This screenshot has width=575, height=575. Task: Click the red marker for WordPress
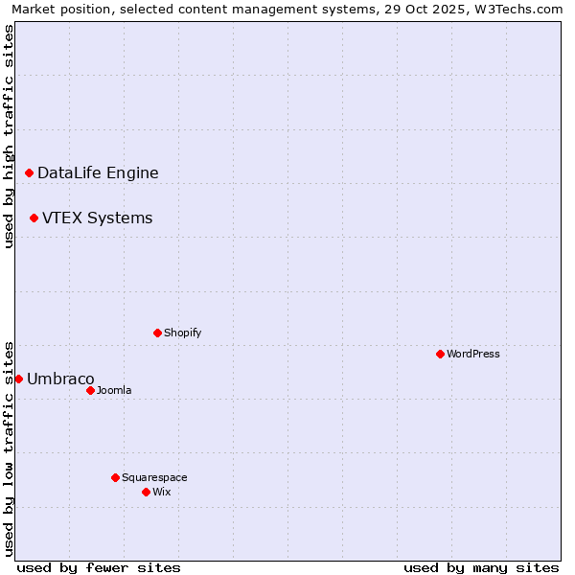pyautogui.click(x=440, y=354)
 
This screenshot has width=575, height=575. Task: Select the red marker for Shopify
pyautogui.click(x=157, y=333)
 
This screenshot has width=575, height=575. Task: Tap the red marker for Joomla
pyautogui.click(x=90, y=390)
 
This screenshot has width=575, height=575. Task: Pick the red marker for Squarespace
pyautogui.click(x=115, y=477)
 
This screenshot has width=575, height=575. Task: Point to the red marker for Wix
pyautogui.click(x=146, y=492)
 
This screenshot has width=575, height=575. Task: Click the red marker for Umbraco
pyautogui.click(x=18, y=379)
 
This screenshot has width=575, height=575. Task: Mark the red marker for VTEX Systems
pyautogui.click(x=34, y=218)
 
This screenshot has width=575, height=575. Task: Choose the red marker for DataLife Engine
pyautogui.click(x=29, y=172)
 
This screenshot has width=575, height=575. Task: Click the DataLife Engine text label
pyautogui.click(x=98, y=173)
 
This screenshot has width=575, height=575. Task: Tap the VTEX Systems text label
pyautogui.click(x=97, y=218)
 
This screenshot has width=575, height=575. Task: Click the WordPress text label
pyautogui.click(x=472, y=354)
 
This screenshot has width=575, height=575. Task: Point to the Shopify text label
pyautogui.click(x=182, y=333)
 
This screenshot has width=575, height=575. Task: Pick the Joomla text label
pyautogui.click(x=114, y=390)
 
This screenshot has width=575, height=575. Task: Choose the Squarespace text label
pyautogui.click(x=154, y=477)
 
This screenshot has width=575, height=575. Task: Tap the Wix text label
pyautogui.click(x=161, y=492)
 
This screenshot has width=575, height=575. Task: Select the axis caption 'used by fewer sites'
pyautogui.click(x=99, y=567)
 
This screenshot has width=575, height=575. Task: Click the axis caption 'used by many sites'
pyautogui.click(x=481, y=567)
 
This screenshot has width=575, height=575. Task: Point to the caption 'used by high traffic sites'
pyautogui.click(x=9, y=136)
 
